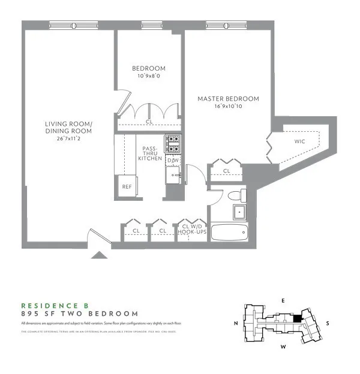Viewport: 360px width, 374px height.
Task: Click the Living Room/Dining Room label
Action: click(x=68, y=128)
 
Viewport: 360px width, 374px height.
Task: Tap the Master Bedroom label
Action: click(x=228, y=99)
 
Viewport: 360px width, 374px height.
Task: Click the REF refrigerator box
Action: click(x=127, y=186)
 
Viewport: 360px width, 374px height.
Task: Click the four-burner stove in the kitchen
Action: click(x=173, y=143)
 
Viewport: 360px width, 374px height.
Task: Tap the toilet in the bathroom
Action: click(x=235, y=195)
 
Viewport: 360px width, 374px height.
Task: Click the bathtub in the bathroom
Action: click(x=229, y=232)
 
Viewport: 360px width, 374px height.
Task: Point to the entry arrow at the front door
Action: click(x=99, y=255)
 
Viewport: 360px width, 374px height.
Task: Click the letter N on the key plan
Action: click(x=236, y=323)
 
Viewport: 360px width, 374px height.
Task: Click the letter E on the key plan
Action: click(x=284, y=300)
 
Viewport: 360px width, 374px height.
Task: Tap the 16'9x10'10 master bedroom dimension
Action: click(x=228, y=107)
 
